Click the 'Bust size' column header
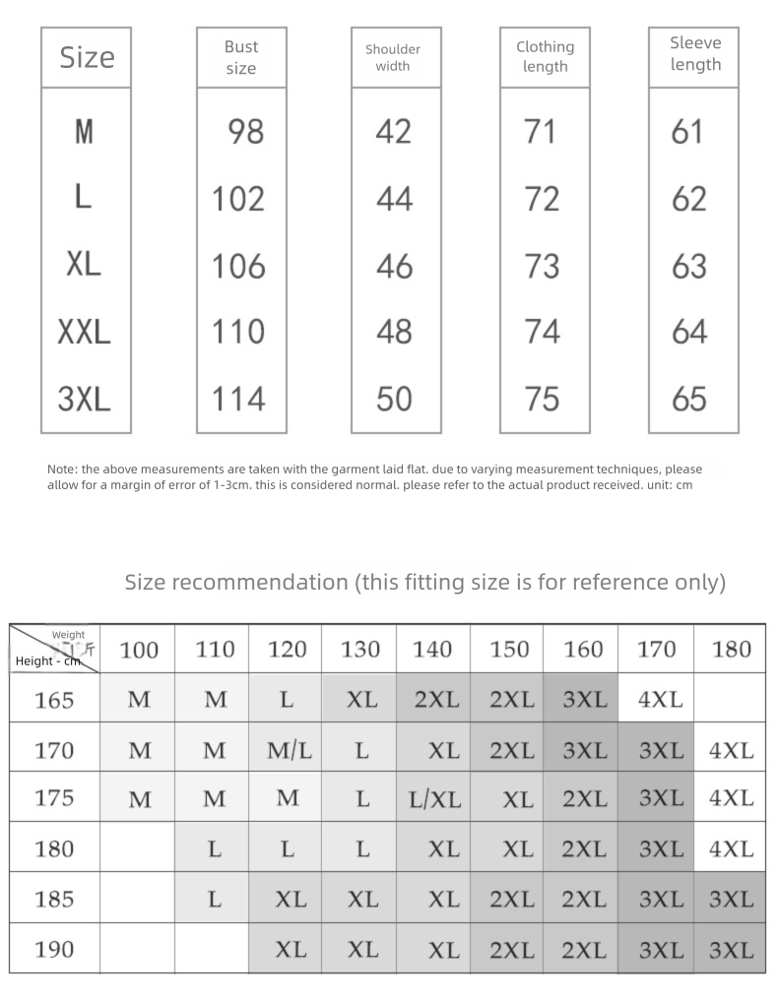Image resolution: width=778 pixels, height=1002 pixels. click(x=241, y=57)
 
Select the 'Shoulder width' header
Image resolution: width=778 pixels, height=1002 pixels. click(x=393, y=57)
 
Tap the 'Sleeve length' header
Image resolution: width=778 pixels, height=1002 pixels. click(x=695, y=54)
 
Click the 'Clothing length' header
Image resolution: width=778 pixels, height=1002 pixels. click(x=545, y=56)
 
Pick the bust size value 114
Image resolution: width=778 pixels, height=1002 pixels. click(x=239, y=399)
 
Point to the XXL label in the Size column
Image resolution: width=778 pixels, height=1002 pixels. click(x=84, y=333)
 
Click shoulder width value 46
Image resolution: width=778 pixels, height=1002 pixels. click(x=394, y=266)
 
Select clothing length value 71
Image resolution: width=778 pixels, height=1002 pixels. click(x=540, y=131)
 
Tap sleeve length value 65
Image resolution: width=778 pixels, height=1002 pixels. click(x=689, y=399)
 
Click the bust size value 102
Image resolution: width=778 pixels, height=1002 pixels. click(x=239, y=199)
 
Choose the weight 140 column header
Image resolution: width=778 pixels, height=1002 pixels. click(x=432, y=650)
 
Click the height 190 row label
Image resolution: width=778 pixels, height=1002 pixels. click(x=54, y=950)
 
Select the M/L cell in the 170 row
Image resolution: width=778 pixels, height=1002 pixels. click(x=289, y=750)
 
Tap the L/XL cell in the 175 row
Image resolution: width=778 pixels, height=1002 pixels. click(x=434, y=799)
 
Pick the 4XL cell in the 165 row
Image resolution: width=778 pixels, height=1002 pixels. click(x=660, y=700)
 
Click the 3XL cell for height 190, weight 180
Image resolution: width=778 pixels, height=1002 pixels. click(x=731, y=950)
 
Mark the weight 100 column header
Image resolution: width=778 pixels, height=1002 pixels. click(x=139, y=650)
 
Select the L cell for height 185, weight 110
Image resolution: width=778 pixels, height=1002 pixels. click(x=214, y=899)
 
